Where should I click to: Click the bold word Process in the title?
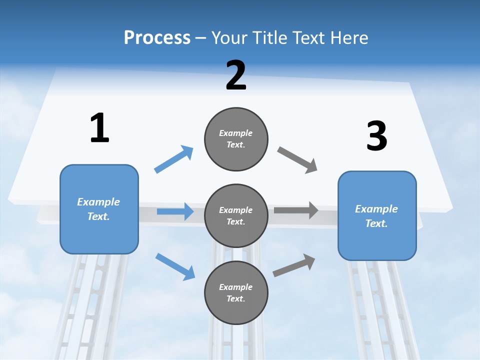click(157, 38)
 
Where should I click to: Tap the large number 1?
click(99, 128)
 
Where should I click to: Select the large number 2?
click(236, 75)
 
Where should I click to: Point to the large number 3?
click(376, 136)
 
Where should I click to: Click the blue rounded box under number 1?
click(99, 209)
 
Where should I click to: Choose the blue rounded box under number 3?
click(377, 215)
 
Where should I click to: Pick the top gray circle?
click(236, 139)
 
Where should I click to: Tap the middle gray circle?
click(236, 215)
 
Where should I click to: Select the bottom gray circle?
click(236, 292)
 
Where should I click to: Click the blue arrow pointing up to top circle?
click(173, 159)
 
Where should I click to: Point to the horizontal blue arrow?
click(175, 211)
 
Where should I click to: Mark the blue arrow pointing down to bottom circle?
click(175, 266)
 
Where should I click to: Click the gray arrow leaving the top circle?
click(297, 160)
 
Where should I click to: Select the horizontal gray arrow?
click(296, 210)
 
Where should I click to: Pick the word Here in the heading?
click(349, 38)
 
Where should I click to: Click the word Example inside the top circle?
click(236, 133)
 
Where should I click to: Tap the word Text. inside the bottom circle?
click(236, 298)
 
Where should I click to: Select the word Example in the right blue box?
click(376, 209)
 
